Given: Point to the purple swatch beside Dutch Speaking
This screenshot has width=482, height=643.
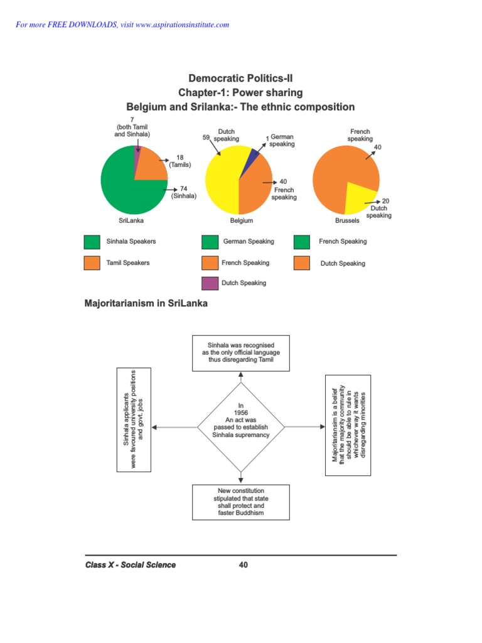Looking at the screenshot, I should (x=210, y=283).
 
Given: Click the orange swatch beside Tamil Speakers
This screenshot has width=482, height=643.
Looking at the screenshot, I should (x=92, y=263).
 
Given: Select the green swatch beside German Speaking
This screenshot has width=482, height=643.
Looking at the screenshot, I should (x=210, y=242).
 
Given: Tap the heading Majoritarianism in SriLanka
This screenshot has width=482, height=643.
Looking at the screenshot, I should (x=146, y=304).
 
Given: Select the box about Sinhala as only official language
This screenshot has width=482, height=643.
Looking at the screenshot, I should (x=241, y=353).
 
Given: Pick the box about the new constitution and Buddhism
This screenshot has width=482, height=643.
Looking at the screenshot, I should (x=241, y=502).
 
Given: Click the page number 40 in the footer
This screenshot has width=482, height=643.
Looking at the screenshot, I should (x=244, y=565).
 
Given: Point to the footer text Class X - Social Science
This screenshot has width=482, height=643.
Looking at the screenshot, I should (x=131, y=565).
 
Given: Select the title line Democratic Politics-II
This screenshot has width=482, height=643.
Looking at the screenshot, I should (x=240, y=79).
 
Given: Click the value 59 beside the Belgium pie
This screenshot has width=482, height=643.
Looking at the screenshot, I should (x=206, y=136).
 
